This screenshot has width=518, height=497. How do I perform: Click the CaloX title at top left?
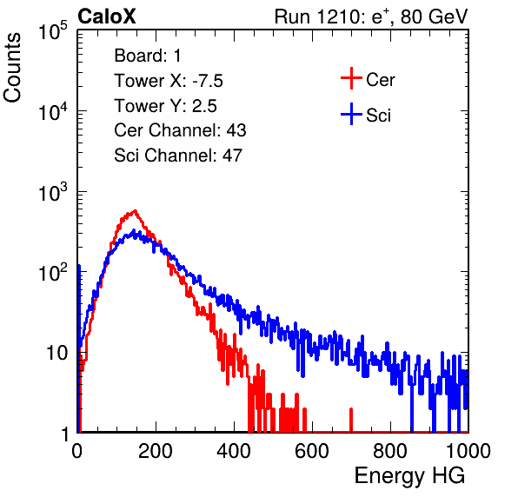pyautogui.click(x=107, y=17)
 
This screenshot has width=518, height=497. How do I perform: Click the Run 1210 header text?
pyautogui.click(x=371, y=17)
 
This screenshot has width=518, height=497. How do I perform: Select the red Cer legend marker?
pyautogui.click(x=351, y=78)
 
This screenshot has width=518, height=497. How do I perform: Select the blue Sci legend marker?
pyautogui.click(x=351, y=115)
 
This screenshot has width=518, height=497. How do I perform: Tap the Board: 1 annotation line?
pyautogui.click(x=148, y=56)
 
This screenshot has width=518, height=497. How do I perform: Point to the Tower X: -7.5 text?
pyautogui.click(x=169, y=81)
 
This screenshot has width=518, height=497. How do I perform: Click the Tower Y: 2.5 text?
pyautogui.click(x=165, y=106)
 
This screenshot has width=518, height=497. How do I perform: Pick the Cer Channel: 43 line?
pyautogui.click(x=180, y=130)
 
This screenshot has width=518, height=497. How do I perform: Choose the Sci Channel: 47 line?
pyautogui.click(x=178, y=156)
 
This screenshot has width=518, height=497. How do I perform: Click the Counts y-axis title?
pyautogui.click(x=12, y=68)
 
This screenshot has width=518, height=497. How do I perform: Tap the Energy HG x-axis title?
pyautogui.click(x=409, y=476)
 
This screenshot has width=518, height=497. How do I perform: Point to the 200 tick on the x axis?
pyautogui.click(x=156, y=451)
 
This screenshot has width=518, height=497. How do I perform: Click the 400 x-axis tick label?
pyautogui.click(x=234, y=451)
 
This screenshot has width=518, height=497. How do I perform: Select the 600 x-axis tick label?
pyautogui.click(x=312, y=451)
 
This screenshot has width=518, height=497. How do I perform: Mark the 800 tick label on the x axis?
pyautogui.click(x=390, y=451)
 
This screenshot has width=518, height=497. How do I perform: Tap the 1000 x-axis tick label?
pyautogui.click(x=468, y=451)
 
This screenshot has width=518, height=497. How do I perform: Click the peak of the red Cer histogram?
pyautogui.click(x=135, y=210)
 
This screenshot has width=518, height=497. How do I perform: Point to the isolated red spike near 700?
pyautogui.click(x=351, y=420)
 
